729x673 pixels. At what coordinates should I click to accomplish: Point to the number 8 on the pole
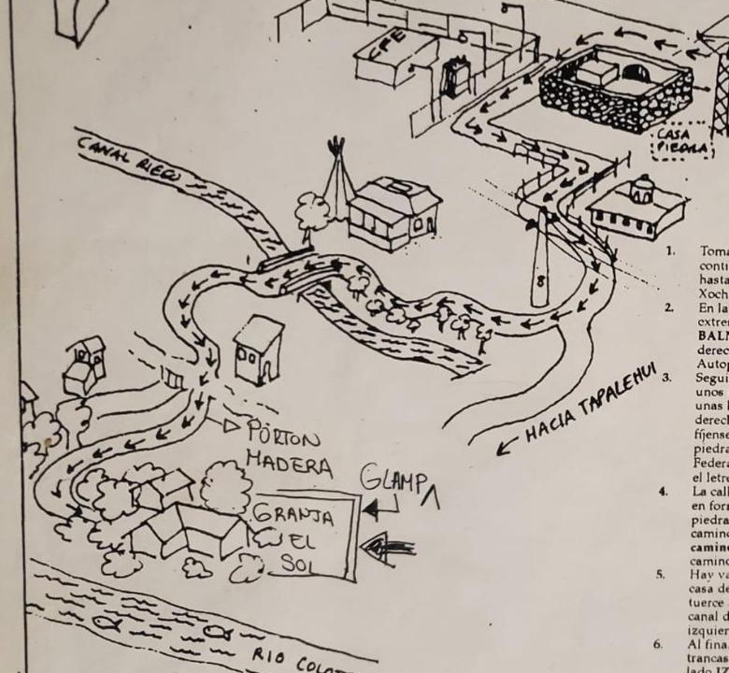point(541,279)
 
